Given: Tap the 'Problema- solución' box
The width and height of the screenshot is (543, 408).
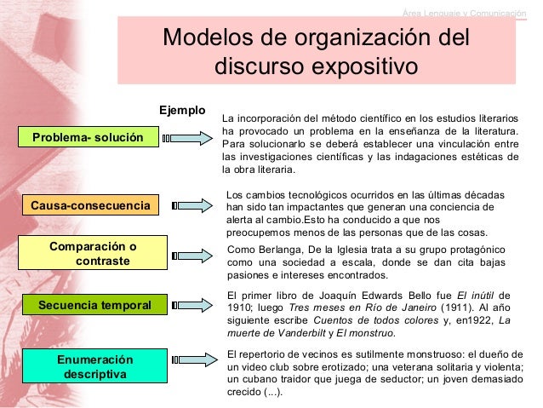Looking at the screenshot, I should pyautogui.click(x=88, y=136).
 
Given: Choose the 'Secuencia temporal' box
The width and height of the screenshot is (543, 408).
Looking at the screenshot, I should pyautogui.click(x=94, y=304).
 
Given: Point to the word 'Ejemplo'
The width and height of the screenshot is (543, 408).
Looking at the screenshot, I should pyautogui.click(x=183, y=110).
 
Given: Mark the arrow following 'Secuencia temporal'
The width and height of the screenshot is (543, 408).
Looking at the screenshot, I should pyautogui.click(x=191, y=304).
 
